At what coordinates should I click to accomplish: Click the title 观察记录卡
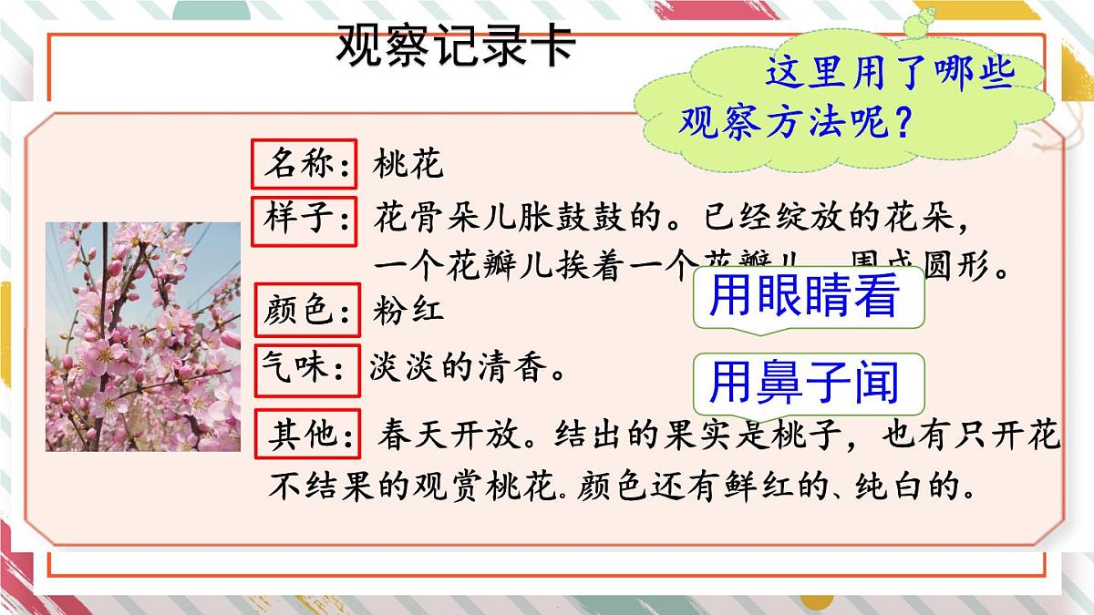(455, 45)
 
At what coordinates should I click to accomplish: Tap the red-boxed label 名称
(304, 165)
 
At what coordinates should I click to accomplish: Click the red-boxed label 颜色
(304, 312)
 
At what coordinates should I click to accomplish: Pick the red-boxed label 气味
(304, 371)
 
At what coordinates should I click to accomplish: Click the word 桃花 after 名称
(408, 165)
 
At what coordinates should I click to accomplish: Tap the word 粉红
(408, 311)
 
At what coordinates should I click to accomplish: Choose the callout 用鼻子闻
(804, 383)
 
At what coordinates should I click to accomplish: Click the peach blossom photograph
(143, 336)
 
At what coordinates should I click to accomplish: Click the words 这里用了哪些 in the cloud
(890, 73)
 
